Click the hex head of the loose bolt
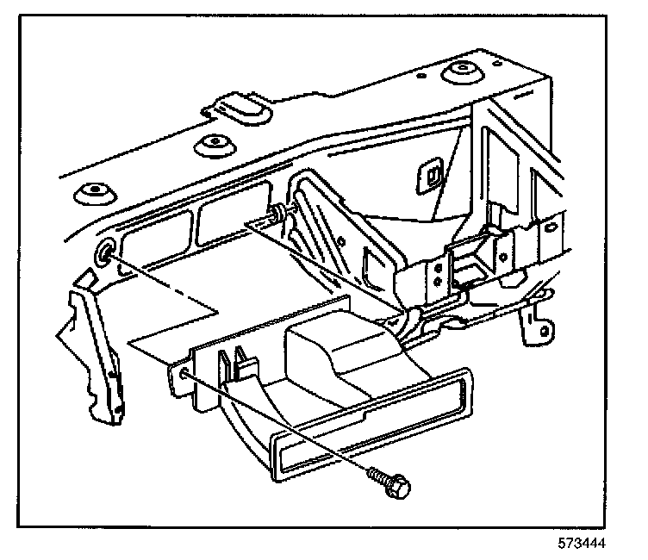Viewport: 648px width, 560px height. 398,487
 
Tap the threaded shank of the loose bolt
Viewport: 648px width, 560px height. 377,475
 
